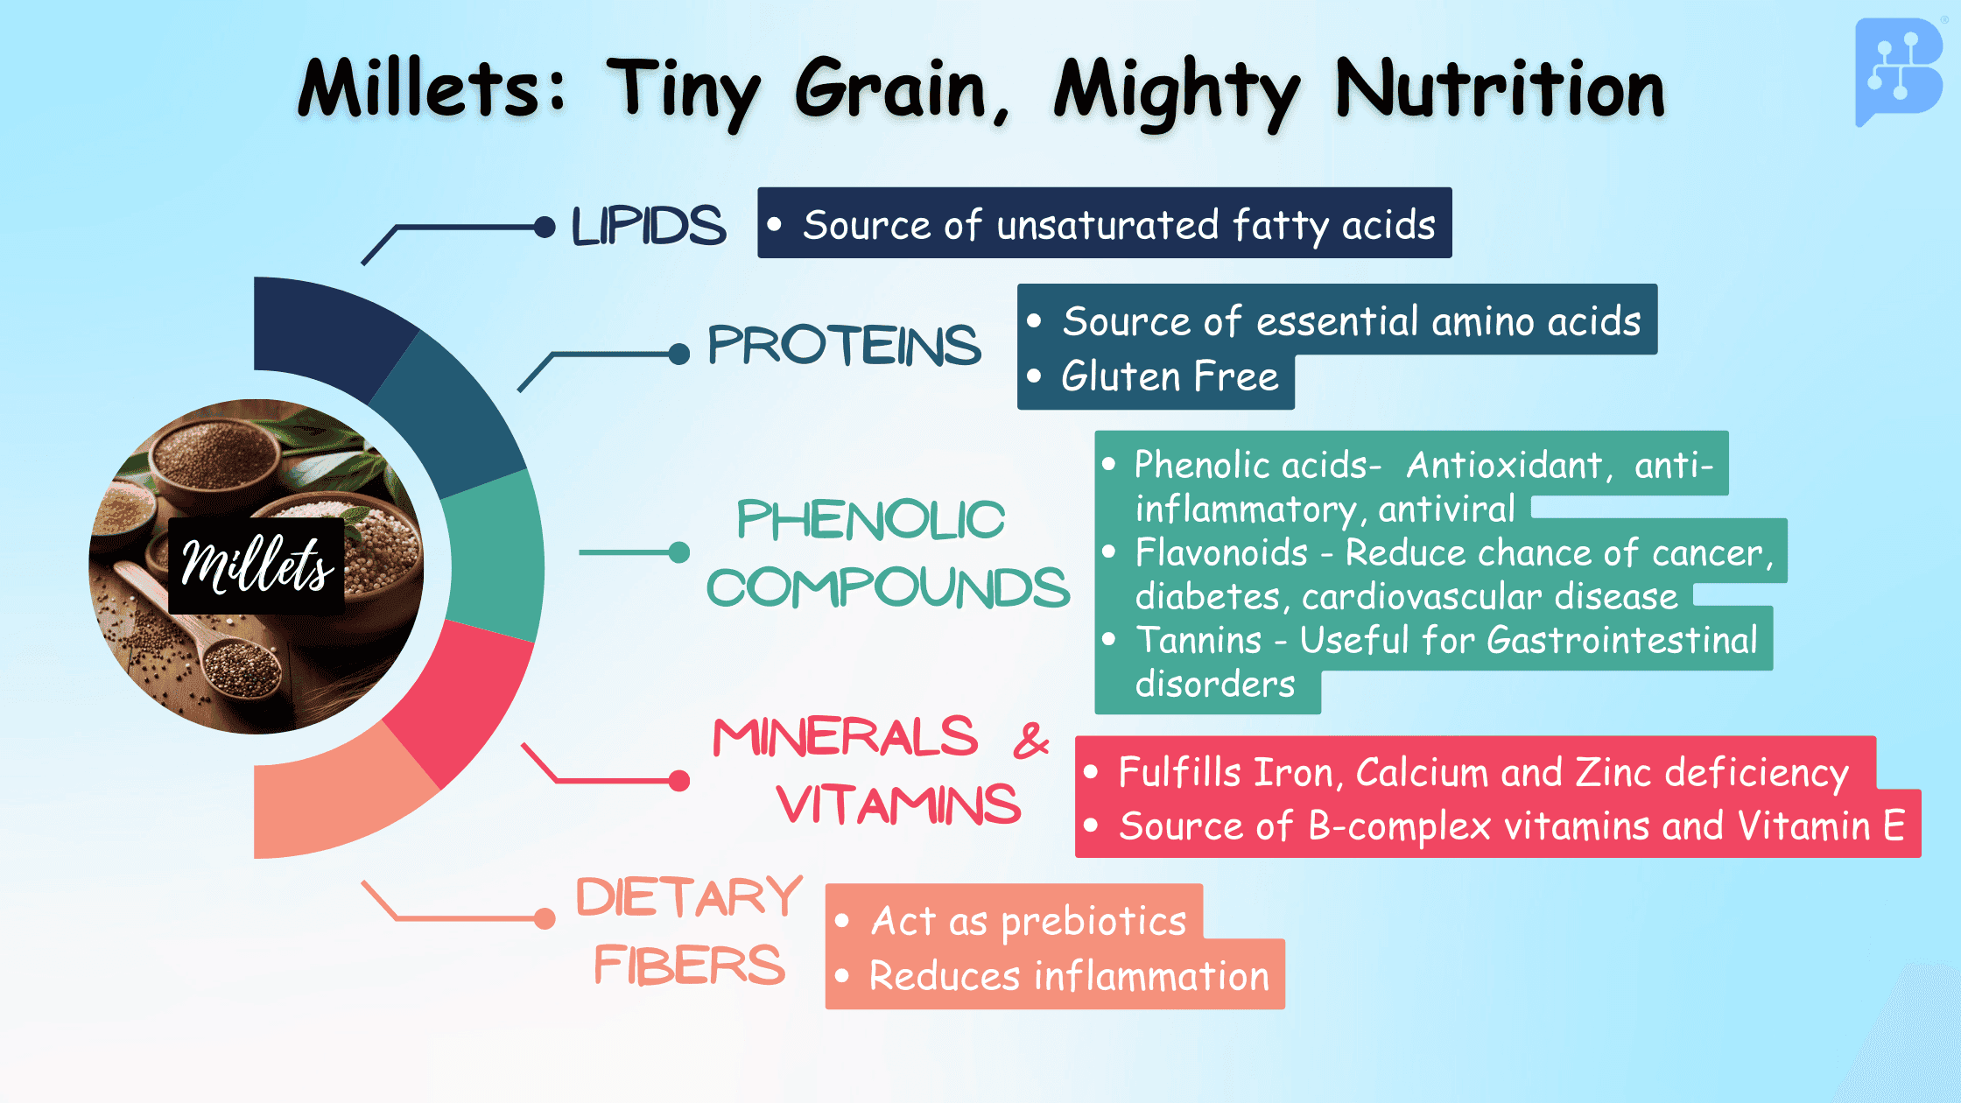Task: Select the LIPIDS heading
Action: coord(649,226)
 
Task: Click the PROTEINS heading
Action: coord(844,345)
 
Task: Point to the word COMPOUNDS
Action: coord(888,587)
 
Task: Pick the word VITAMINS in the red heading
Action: coord(899,804)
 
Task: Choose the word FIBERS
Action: coord(690,965)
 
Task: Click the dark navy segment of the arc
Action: coord(324,333)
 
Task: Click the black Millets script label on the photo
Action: coord(257,566)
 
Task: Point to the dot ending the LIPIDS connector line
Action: coord(545,228)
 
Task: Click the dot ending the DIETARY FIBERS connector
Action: coord(545,918)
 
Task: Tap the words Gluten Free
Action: coord(1170,377)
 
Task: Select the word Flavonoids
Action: coord(1221,553)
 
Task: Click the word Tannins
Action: coord(1198,641)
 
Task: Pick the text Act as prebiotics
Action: coord(1029,922)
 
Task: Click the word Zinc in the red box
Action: coord(1613,773)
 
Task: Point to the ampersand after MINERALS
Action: coord(1031,741)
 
